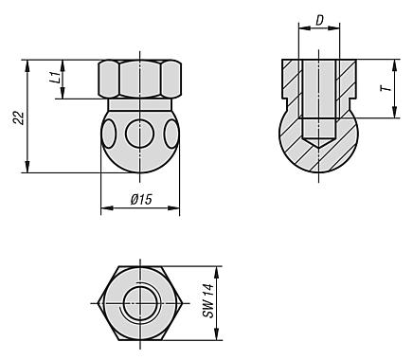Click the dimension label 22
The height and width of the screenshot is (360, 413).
coord(19,117)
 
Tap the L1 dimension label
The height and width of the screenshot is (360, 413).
coord(55,78)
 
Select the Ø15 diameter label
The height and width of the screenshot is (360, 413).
coord(141,200)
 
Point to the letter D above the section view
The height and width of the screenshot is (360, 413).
coord(319,21)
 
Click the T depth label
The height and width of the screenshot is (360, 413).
coord(386,89)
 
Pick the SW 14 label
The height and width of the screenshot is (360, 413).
coord(208,300)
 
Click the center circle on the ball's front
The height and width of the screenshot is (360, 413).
coord(140,134)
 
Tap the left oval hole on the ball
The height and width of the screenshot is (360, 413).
coord(108,134)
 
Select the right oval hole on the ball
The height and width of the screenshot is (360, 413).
coord(171,134)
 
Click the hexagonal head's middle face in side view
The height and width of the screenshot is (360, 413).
coord(141,79)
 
